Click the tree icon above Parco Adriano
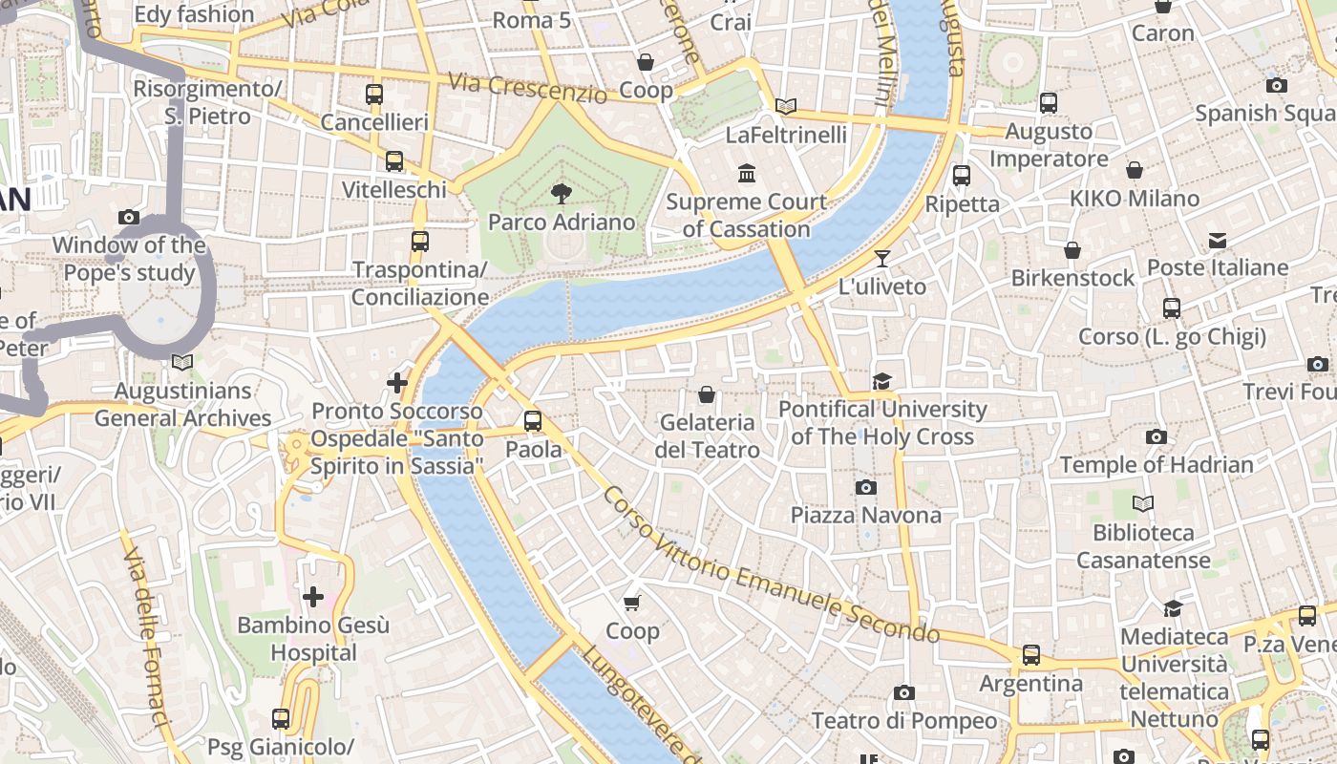[561, 194]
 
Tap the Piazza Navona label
[865, 516]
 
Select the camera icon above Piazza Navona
[866, 488]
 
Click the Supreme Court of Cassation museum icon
[747, 174]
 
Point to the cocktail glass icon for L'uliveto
[882, 259]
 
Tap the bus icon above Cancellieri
[374, 95]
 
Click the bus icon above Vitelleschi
[394, 161]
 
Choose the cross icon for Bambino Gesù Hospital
[313, 598]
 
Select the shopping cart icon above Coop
[631, 603]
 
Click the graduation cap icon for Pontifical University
[881, 382]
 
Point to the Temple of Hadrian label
[1157, 465]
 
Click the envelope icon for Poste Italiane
[1218, 240]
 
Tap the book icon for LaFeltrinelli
[786, 107]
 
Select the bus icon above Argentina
[1031, 655]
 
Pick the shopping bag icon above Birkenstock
[1072, 250]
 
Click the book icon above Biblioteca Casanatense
[1143, 503]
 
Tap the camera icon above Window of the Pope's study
[129, 218]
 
